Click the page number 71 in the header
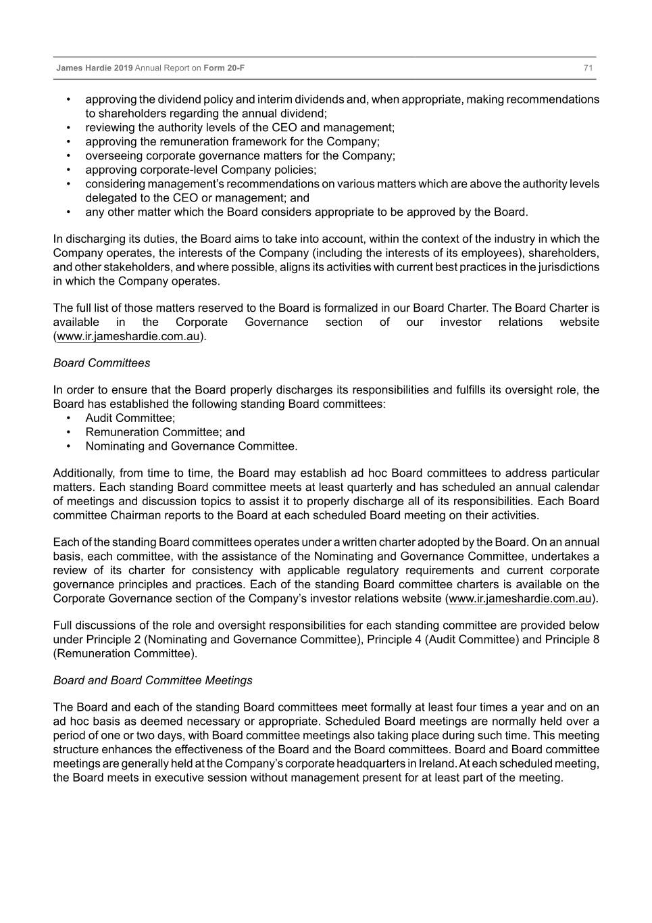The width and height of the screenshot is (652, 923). click(588, 68)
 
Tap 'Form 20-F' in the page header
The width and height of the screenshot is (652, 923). click(224, 68)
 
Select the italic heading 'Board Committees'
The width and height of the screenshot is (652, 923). click(101, 363)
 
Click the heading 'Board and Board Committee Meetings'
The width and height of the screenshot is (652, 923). click(153, 680)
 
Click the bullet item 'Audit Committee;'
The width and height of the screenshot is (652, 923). click(130, 418)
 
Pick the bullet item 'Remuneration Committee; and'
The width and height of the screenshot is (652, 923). click(165, 432)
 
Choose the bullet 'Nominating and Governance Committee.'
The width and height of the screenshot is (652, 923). click(191, 446)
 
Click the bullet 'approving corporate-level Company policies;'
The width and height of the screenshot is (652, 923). click(201, 170)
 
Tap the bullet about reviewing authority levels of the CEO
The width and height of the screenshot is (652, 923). click(240, 128)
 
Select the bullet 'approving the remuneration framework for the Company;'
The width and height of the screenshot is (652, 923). click(232, 142)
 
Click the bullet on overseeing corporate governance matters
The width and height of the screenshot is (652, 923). click(240, 156)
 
